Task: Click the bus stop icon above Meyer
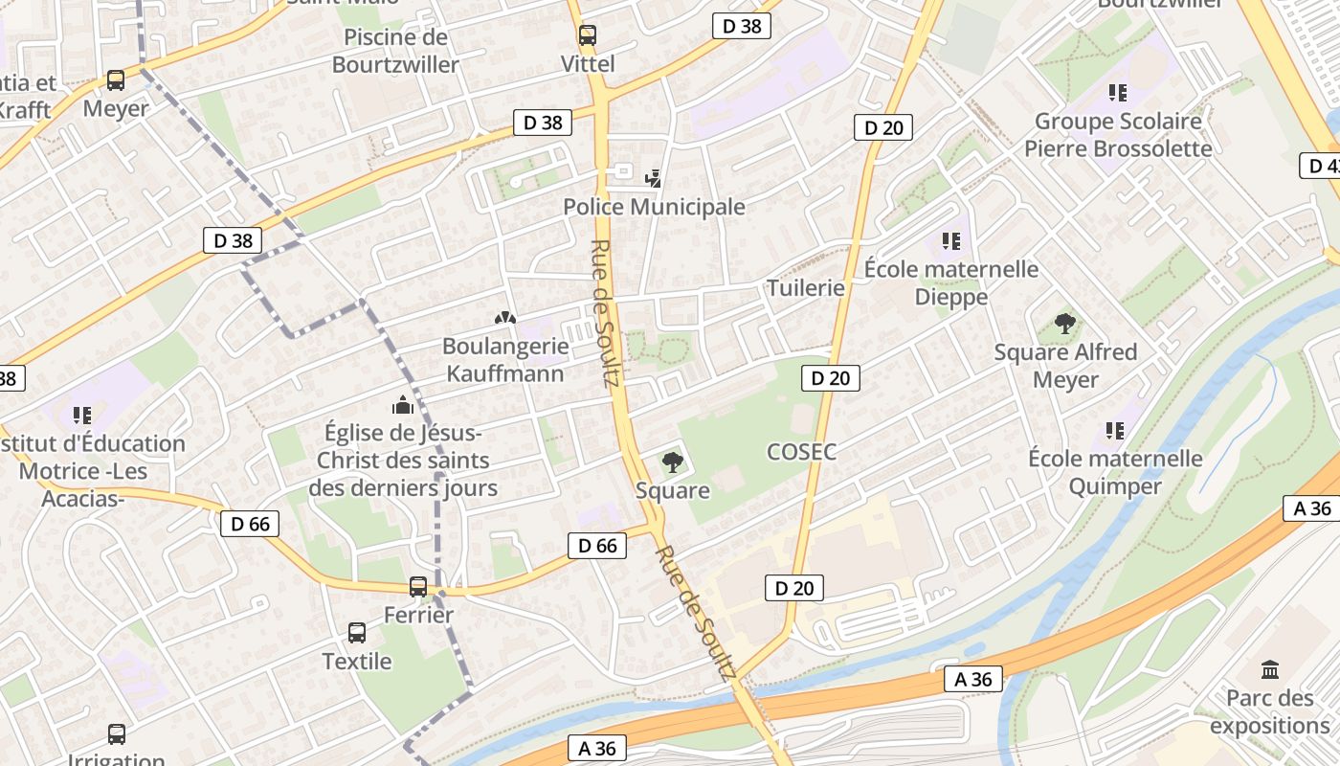(116, 80)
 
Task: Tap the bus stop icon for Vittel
(587, 35)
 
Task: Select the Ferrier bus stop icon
(418, 586)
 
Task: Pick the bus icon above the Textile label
(357, 632)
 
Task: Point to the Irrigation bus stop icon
(116, 733)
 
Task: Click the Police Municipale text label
(654, 207)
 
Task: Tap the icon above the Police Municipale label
(654, 177)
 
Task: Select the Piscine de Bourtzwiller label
(395, 52)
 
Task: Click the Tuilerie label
(806, 288)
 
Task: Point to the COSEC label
(801, 452)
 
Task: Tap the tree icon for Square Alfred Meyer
(1065, 324)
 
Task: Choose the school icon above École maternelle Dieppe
(950, 240)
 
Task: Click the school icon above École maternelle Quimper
(1115, 431)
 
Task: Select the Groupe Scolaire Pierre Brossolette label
(1118, 135)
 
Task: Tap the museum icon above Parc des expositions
(1270, 668)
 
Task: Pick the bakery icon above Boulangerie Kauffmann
(504, 317)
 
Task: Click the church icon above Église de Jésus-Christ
(403, 405)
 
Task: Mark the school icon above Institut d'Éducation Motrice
(82, 416)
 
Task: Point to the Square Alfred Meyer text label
(1065, 366)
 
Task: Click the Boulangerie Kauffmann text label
(504, 359)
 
